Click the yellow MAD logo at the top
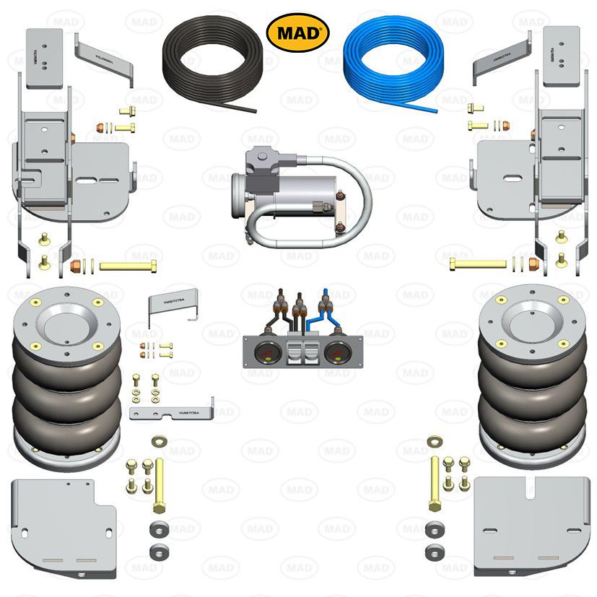point(298,32)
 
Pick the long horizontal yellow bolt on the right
point(478,263)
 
